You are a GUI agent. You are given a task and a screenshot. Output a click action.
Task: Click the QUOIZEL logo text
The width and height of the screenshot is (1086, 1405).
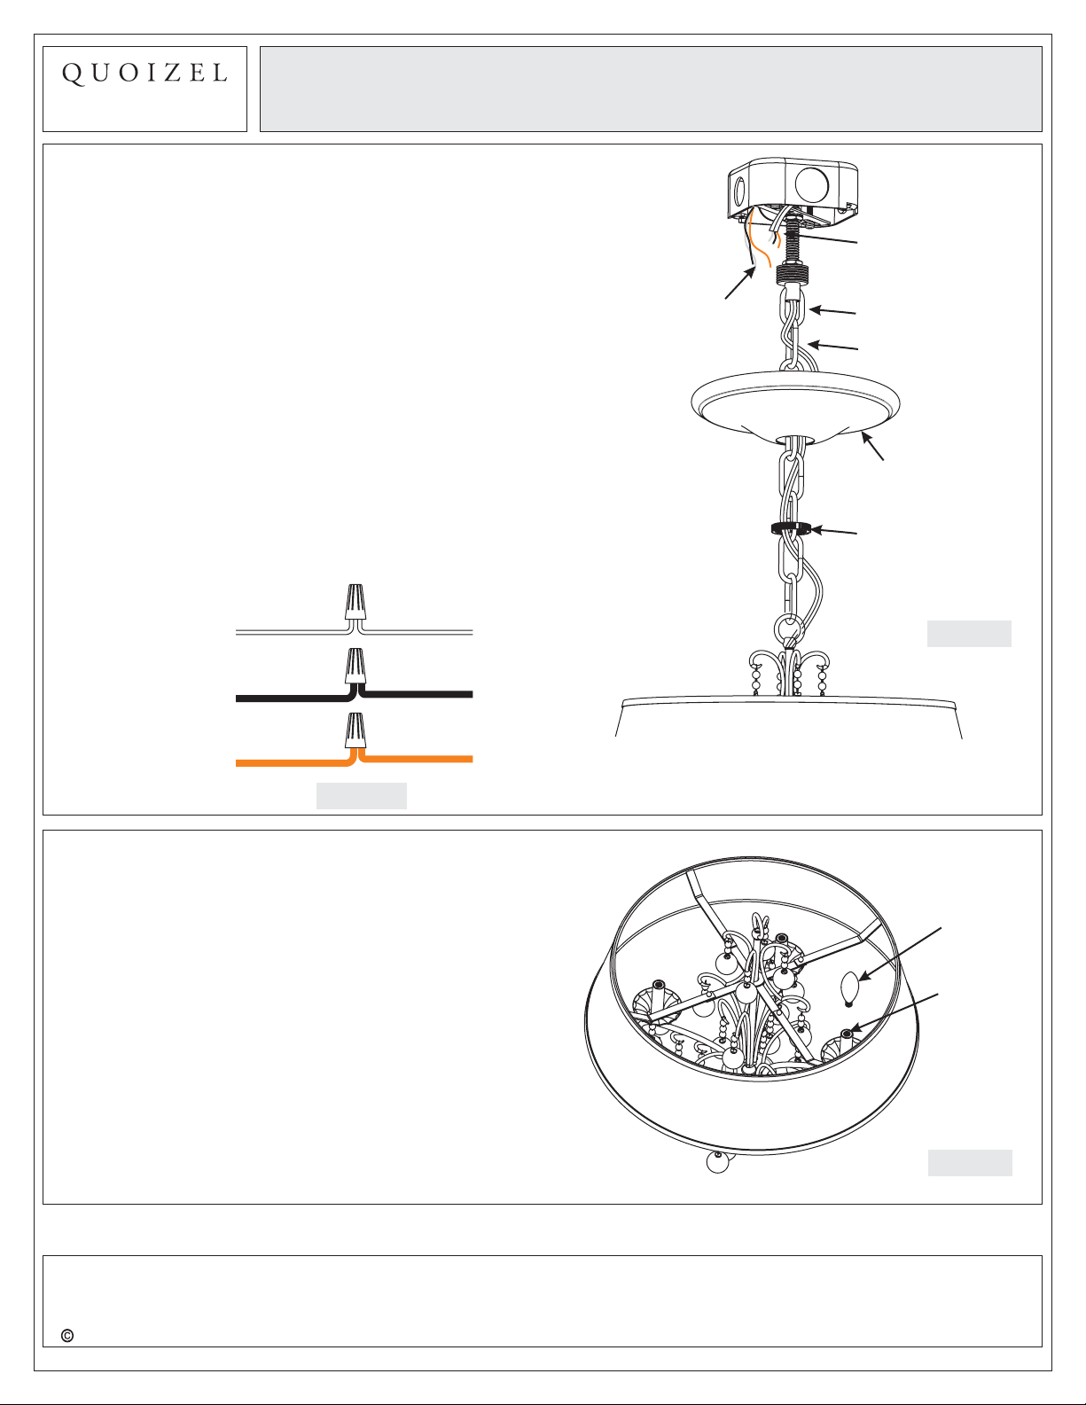pos(145,74)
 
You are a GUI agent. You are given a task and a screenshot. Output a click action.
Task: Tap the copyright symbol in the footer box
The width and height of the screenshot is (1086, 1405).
pos(66,1336)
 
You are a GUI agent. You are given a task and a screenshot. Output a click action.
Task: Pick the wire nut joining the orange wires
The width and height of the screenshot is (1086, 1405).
pos(355,730)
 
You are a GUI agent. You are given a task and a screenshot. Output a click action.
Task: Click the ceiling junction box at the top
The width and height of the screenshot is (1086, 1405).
pos(793,191)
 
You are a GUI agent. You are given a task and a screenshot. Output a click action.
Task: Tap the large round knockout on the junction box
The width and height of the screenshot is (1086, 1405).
pos(811,183)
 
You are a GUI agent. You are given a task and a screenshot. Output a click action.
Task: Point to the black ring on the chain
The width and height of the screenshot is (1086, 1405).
pos(790,528)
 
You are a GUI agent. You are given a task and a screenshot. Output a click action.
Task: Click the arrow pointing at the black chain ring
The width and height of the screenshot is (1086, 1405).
pos(834,532)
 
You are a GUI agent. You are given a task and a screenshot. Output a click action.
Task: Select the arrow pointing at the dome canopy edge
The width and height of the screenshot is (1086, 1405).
pos(872,447)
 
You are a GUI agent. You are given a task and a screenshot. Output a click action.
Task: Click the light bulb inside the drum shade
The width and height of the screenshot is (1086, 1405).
pos(849,990)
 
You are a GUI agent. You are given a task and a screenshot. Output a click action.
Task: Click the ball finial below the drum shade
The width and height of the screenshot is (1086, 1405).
pos(717,1162)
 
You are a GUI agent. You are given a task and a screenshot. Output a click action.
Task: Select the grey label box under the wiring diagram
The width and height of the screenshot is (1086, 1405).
pos(362,796)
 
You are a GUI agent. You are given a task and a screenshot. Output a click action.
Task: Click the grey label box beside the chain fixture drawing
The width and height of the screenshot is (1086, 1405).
pos(969,634)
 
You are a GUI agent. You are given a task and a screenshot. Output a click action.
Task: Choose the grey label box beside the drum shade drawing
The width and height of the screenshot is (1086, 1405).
pos(970,1162)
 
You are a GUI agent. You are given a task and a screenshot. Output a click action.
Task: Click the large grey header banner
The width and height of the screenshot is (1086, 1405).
pos(651,89)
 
